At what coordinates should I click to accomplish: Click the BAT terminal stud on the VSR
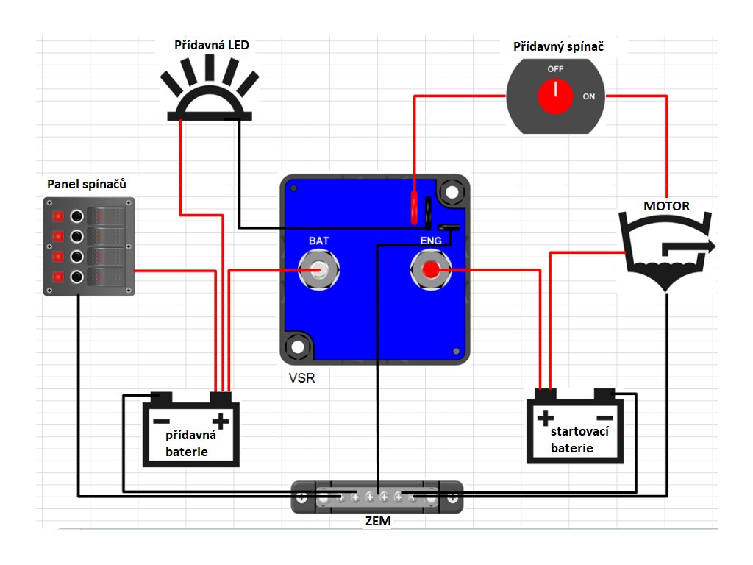click(318, 270)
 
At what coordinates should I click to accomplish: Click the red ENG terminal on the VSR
click(431, 270)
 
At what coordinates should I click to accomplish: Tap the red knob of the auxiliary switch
click(555, 96)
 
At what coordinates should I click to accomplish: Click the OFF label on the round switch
click(555, 69)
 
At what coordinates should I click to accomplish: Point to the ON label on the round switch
click(589, 96)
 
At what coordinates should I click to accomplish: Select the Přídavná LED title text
click(211, 45)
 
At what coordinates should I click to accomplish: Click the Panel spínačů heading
click(87, 184)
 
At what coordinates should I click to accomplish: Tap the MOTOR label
click(666, 206)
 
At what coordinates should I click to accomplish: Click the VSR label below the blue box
click(302, 378)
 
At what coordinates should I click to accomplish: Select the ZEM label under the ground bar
click(378, 521)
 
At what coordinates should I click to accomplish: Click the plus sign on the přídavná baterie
click(221, 422)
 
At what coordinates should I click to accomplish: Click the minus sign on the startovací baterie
click(605, 418)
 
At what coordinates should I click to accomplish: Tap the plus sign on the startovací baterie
click(546, 418)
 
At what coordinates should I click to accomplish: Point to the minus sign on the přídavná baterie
click(161, 422)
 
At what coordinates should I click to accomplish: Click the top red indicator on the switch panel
click(58, 216)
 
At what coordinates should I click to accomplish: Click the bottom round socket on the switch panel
click(76, 277)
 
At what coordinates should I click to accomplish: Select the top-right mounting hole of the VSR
click(452, 193)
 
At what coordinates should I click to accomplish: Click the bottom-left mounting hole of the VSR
click(298, 347)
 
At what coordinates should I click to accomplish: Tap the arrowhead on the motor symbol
click(709, 246)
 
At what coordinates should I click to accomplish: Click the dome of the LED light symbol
click(210, 100)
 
